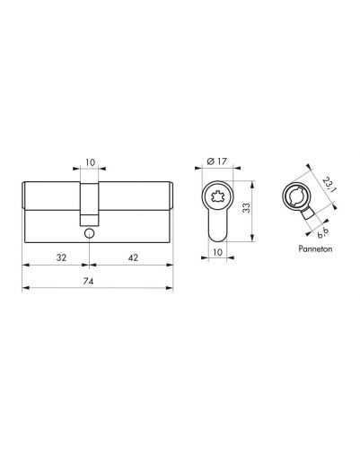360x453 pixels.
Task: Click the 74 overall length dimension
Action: tap(88, 281)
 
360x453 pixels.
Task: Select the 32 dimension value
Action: tap(61, 257)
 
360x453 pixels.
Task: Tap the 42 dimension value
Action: tap(133, 257)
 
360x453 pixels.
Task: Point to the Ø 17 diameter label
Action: tap(217, 161)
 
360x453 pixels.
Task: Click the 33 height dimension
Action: tap(246, 208)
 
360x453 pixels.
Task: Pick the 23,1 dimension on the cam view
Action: tap(329, 185)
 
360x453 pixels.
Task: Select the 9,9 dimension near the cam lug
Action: tap(323, 233)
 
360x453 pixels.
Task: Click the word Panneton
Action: tap(315, 248)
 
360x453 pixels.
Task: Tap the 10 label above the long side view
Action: tap(90, 162)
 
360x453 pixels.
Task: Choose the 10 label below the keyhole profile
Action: tap(217, 252)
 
